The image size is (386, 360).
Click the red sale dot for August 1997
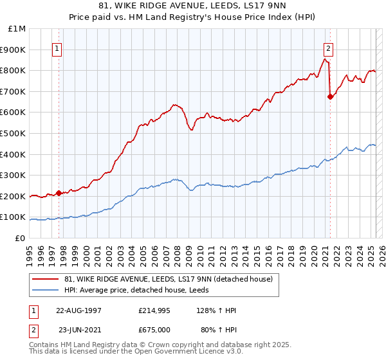[x=59, y=192]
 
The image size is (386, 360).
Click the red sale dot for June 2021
[x=330, y=96]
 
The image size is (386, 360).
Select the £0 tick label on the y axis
[x=20, y=238]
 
